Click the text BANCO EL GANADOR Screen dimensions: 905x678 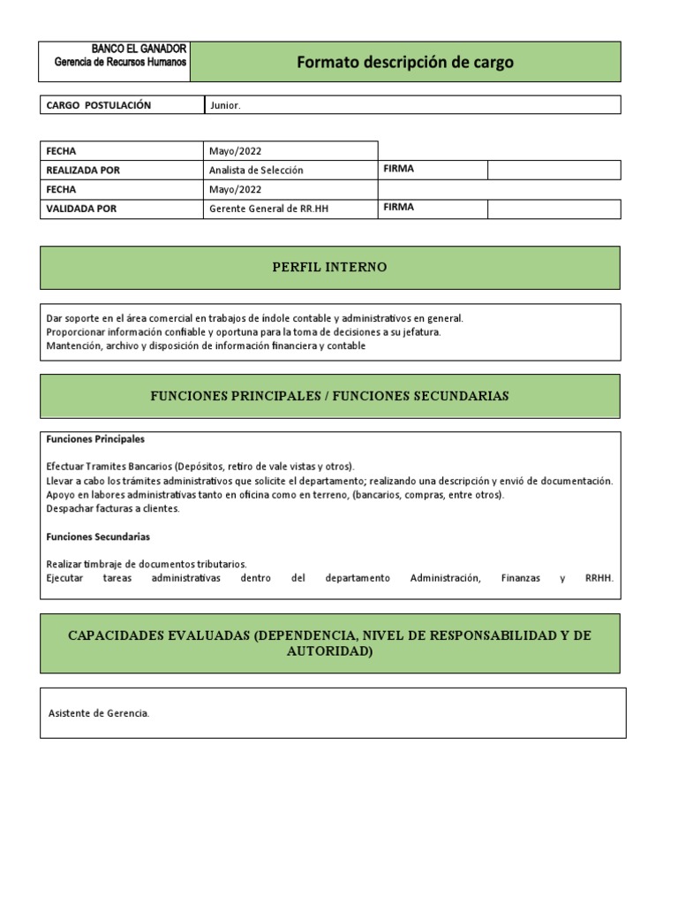139,49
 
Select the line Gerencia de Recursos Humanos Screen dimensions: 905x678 120,62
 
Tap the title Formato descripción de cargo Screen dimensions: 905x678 404,62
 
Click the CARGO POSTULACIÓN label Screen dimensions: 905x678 98,105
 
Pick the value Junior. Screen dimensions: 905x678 224,105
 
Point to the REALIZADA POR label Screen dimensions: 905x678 82,170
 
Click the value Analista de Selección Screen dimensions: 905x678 256,170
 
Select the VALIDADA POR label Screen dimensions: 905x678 81,209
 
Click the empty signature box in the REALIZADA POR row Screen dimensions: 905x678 554,170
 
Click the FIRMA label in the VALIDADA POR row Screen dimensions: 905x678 399,207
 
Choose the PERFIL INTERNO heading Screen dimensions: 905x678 329,267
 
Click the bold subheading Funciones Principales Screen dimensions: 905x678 95,438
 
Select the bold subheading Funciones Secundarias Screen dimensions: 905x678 98,536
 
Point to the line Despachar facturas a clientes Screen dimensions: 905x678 112,508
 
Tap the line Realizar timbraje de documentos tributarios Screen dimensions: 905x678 146,563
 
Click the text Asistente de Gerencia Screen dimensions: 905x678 98,713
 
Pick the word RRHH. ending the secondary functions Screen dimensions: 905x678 599,578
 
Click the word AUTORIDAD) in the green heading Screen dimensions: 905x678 329,650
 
